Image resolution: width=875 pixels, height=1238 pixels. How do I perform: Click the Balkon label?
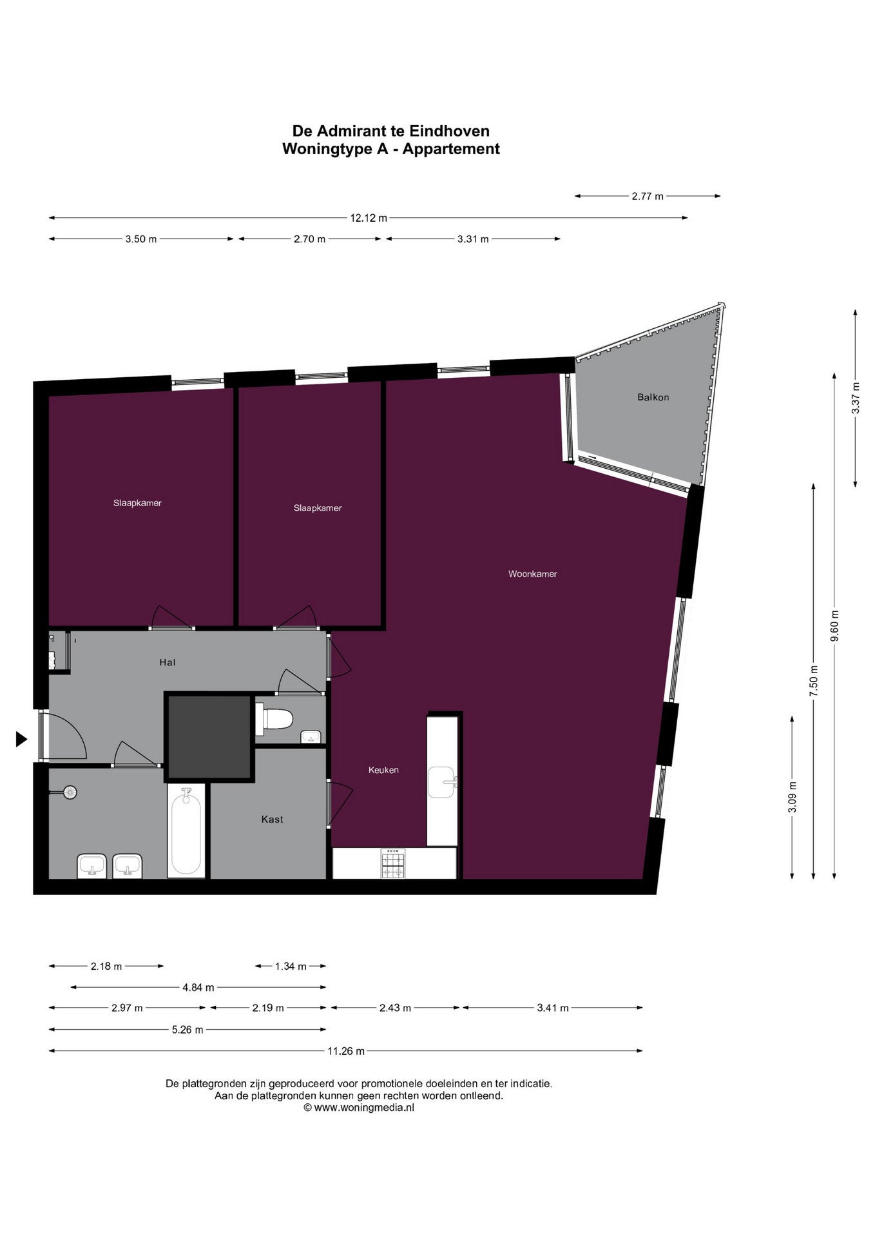pos(653,397)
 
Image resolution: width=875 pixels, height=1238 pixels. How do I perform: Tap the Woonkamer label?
pos(532,574)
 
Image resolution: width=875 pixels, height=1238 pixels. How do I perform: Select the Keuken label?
pos(383,770)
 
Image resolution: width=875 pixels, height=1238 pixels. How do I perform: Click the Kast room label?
pos(272,820)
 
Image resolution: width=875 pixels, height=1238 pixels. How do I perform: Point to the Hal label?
pos(168,662)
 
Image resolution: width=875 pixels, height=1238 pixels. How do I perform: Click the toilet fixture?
pos(274,719)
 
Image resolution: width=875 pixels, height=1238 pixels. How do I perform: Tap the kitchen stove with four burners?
pos(393,863)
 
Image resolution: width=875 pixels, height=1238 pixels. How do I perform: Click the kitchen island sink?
pos(443,782)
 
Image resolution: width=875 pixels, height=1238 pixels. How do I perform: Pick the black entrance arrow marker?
pos(21,740)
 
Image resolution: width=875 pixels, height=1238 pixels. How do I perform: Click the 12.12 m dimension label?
pos(369,218)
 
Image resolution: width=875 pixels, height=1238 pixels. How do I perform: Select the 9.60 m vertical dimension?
pos(834,625)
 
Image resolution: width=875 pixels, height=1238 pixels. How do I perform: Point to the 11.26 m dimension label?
pos(346,1051)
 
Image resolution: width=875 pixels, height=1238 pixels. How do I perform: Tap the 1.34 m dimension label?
pos(291,966)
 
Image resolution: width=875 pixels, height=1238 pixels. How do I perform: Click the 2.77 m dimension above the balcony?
pos(647,196)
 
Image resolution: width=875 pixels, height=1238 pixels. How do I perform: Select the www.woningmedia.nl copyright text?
pos(359,1107)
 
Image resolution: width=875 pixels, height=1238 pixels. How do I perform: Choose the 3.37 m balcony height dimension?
pos(855,398)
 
